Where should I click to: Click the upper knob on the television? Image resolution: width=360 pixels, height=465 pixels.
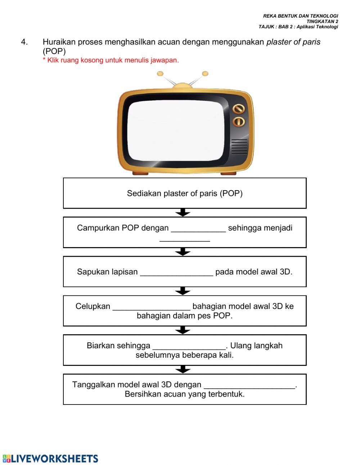pos(239,109)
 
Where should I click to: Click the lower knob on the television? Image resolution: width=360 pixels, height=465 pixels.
pos(239,121)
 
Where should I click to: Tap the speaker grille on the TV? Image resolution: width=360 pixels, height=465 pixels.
pos(239,147)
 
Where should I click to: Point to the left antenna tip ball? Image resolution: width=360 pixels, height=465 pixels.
pos(160,74)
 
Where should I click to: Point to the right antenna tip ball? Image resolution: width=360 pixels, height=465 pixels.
pos(205,73)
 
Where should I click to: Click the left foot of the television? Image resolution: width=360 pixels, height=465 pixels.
pos(140,173)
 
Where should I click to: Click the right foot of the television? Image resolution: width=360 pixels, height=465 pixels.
pos(228,173)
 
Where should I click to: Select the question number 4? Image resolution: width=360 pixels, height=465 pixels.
pos(24,42)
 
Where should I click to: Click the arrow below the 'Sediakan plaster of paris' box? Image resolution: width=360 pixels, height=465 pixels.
pos(183,213)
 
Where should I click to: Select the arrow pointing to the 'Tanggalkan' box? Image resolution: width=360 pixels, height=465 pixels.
pos(183,370)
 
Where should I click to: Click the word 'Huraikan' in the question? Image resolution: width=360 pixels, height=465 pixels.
pos(59,42)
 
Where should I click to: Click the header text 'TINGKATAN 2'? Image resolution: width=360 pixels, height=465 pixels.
pos(322,21)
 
